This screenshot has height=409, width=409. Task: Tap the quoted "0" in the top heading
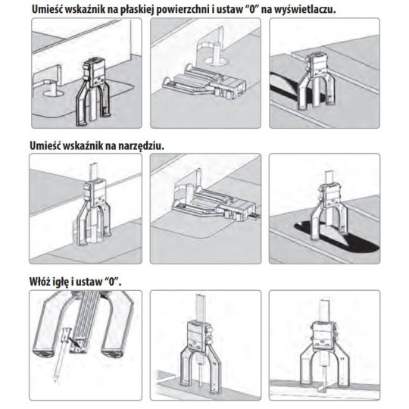point(251,10)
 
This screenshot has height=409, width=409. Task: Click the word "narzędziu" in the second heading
point(142,146)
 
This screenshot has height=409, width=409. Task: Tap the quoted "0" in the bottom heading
point(112,282)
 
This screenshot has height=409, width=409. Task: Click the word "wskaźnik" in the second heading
point(83,146)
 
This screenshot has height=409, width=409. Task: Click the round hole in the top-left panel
point(53,93)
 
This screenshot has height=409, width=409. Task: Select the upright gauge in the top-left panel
point(92,92)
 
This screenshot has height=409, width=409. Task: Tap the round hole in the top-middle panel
point(215,62)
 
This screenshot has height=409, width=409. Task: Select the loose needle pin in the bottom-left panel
point(61,355)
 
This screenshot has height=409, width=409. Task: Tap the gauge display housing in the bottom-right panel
point(323,336)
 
